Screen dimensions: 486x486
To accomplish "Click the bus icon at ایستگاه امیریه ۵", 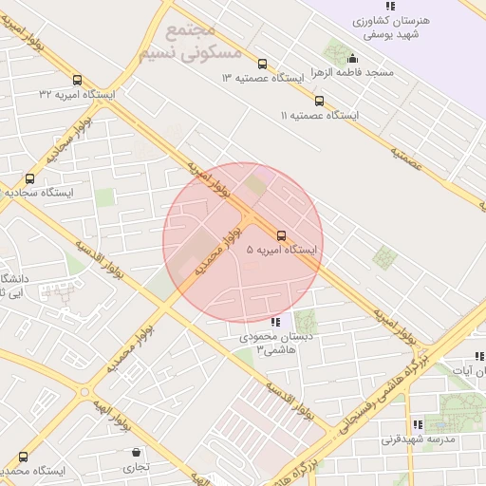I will pos(281,234).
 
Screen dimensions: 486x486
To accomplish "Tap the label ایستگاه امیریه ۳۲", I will pos(76,94).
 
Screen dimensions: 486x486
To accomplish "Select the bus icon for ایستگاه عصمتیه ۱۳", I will pos(262,65).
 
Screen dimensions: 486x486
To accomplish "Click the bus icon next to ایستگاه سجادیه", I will pos(29,178).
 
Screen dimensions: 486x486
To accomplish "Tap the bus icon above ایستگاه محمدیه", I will pos(23,457).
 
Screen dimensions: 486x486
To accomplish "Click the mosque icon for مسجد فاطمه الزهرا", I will pos(353,59).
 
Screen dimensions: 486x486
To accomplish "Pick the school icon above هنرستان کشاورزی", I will pos(390,5).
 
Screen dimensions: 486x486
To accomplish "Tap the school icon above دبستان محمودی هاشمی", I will pos(275,323).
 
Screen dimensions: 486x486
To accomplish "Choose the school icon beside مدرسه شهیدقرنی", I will pos(416,425).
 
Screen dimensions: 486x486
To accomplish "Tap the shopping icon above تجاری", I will pos(137,453).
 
